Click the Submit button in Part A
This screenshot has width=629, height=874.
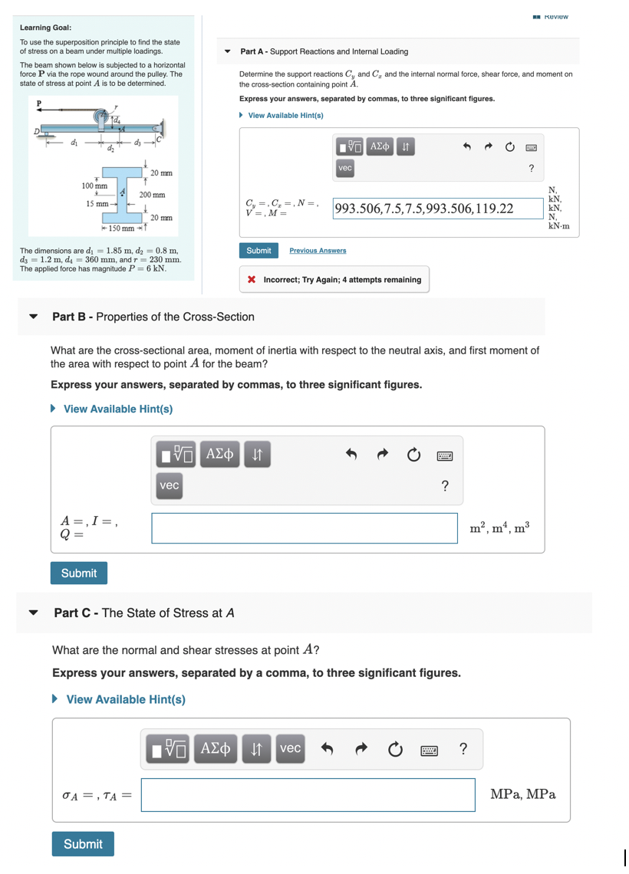pos(259,251)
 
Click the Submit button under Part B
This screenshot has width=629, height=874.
pos(79,573)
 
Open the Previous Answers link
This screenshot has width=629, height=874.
pos(318,251)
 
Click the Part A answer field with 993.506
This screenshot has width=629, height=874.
pos(438,209)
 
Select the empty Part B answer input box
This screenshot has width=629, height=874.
pos(305,528)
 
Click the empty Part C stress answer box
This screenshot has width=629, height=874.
pos(308,795)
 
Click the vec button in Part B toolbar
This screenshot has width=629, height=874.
pos(170,485)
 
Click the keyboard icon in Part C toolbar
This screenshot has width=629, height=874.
pos(428,749)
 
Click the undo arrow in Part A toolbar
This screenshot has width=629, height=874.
pos(465,146)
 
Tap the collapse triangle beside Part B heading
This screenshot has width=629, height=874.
pos(33,317)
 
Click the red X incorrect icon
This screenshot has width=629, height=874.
pos(252,280)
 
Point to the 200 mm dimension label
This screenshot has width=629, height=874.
pos(152,195)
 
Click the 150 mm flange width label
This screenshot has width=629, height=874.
pos(122,228)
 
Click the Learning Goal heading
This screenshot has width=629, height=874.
pos(45,28)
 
